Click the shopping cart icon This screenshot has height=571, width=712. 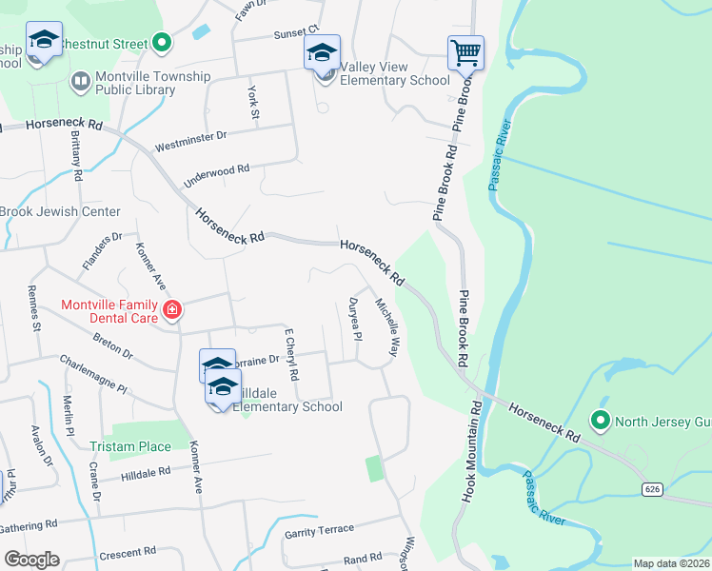click(465, 51)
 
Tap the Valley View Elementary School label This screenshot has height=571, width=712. click(395, 80)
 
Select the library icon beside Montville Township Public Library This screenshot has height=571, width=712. click(80, 82)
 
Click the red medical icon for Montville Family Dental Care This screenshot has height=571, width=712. click(172, 309)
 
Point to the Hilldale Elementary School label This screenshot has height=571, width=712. click(288, 406)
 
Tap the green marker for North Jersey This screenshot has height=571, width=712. click(600, 420)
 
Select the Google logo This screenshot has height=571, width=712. click(31, 559)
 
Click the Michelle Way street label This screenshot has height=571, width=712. click(386, 327)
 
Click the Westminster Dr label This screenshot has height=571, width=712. click(190, 142)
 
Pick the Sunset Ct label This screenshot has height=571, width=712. click(295, 34)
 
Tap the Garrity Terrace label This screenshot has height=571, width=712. click(319, 530)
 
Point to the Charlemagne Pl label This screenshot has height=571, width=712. click(92, 374)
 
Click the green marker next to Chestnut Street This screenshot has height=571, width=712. click(162, 43)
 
